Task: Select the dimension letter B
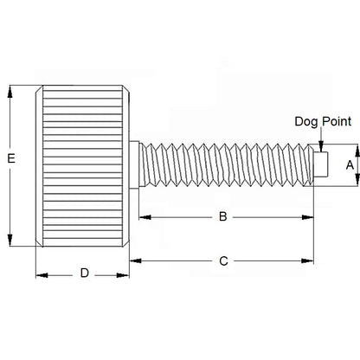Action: point(222,216)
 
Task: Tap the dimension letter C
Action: point(223,260)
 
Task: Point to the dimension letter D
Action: point(84,273)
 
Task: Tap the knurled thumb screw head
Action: point(82,164)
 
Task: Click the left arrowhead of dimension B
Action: point(143,216)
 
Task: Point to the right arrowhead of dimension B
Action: point(310,216)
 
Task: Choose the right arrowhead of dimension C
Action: point(310,260)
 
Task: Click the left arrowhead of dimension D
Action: point(39,274)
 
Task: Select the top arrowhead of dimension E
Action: point(10,88)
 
